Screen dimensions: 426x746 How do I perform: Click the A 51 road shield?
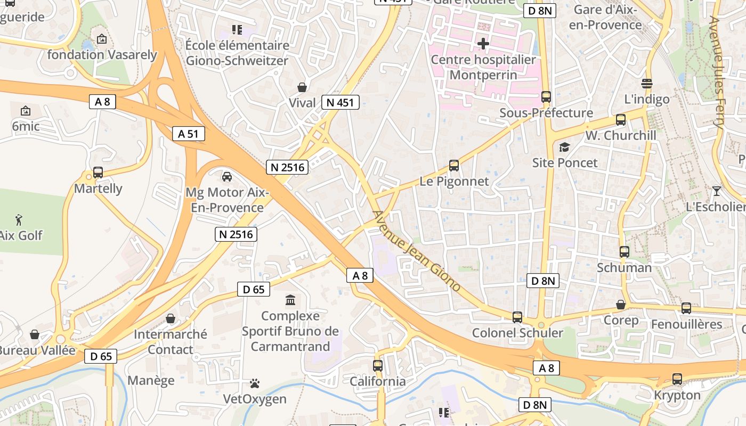coord(189,134)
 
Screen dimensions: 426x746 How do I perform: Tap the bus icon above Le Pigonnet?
coord(454,166)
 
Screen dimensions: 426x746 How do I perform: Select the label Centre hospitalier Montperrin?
coord(483,67)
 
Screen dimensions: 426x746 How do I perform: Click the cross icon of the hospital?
coord(483,44)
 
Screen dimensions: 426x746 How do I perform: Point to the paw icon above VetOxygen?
coord(255,383)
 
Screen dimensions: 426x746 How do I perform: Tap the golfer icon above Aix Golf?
coord(19,219)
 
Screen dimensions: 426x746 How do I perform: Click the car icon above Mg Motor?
coord(227,176)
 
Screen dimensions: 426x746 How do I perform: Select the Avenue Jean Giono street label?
coord(416,251)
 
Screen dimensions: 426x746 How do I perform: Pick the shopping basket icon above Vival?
coord(302,87)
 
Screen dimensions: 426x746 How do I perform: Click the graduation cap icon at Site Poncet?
coord(564,147)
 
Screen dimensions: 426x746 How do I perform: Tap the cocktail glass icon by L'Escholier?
coord(717,191)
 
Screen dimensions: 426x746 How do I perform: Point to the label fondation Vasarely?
coord(102,54)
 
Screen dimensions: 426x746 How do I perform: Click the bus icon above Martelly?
coord(98,173)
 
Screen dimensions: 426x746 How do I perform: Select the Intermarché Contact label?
coord(171,342)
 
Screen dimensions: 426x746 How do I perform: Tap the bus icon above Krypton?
coord(677,379)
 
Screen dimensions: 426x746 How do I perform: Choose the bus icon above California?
coord(378,366)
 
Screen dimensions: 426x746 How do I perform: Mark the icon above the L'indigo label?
coord(647,84)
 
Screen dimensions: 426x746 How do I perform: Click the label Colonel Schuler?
coord(517,333)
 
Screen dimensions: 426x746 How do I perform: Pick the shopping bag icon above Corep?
coord(621,305)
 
